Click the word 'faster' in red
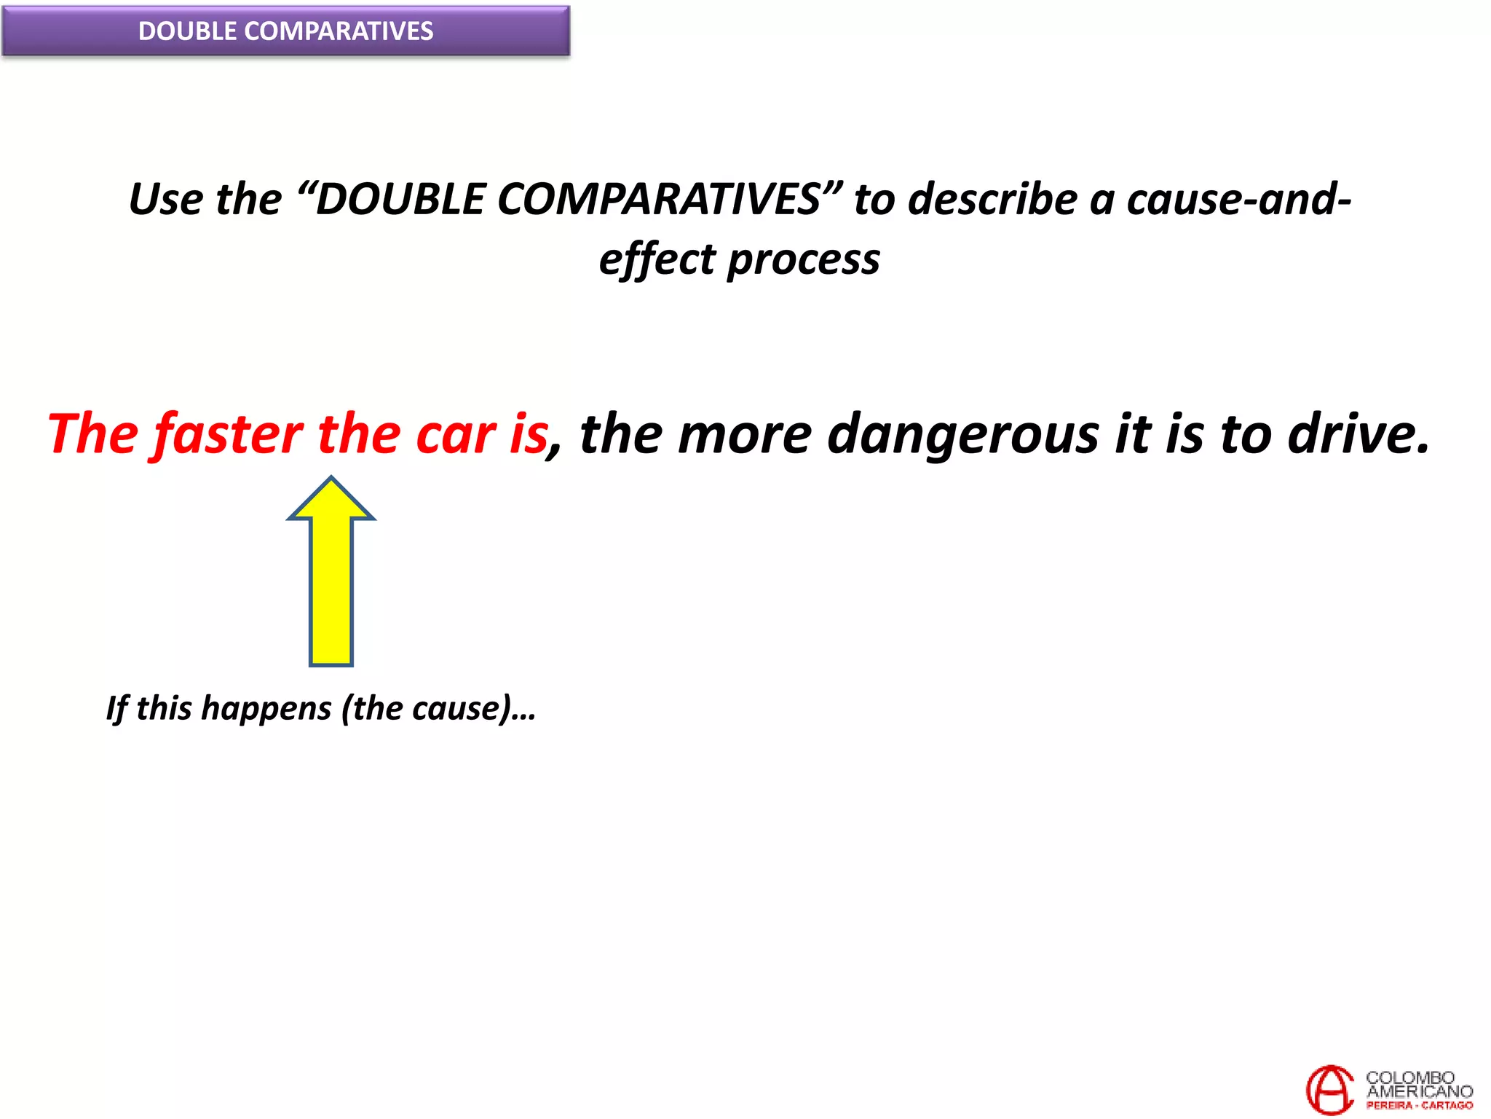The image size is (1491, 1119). point(229,434)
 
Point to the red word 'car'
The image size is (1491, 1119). point(456,436)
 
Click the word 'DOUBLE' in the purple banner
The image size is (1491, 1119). point(187,31)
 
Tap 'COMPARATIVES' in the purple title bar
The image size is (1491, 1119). point(339,31)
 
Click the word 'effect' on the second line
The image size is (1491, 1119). point(657,259)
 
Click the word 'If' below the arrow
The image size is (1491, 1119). point(117,708)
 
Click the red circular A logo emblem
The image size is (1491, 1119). point(1329,1089)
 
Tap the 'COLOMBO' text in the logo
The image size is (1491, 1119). point(1410,1077)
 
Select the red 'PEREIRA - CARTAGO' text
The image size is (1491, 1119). point(1419,1105)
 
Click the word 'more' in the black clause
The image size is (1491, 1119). point(744,436)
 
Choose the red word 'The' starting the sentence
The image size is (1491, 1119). point(92,434)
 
